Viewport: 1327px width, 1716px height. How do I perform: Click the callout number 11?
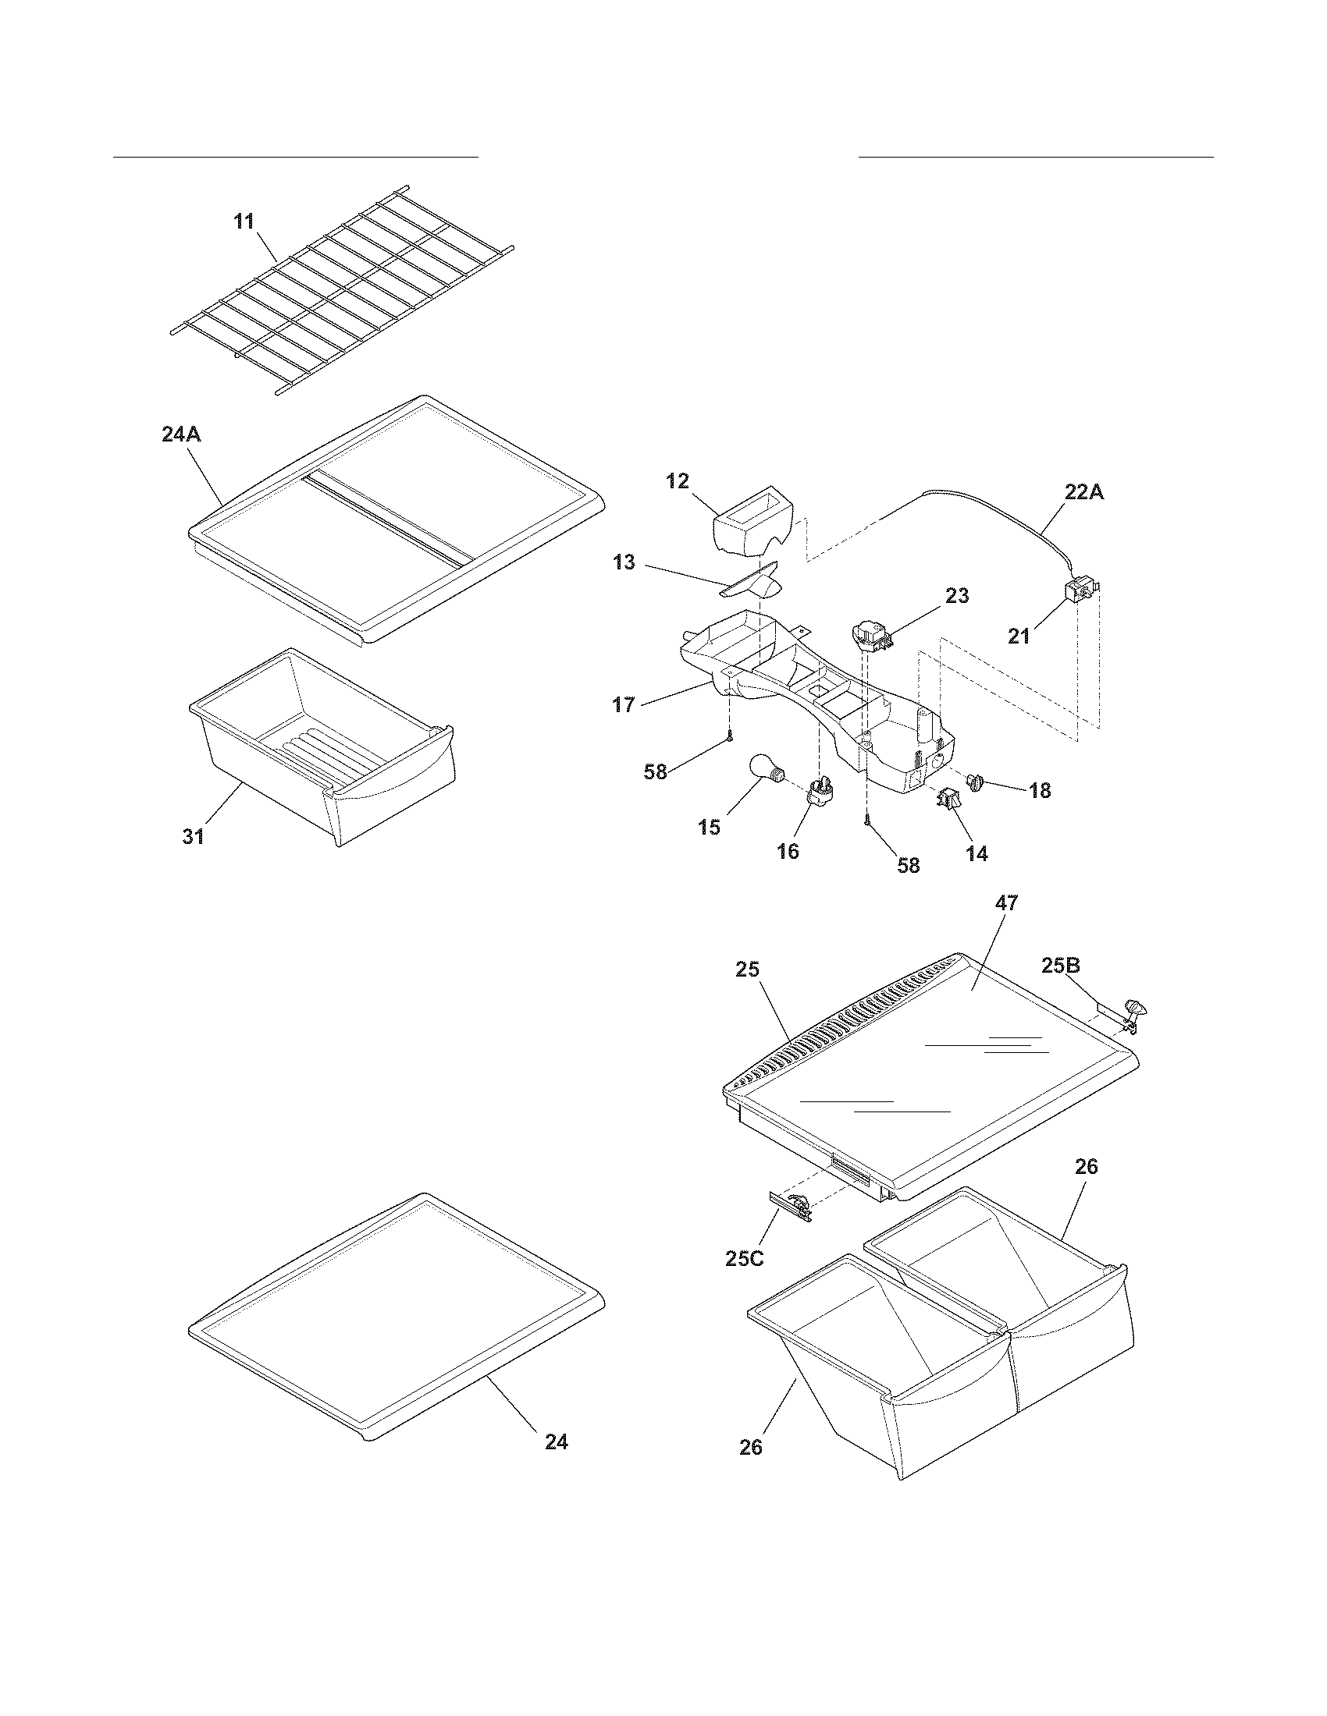(x=244, y=222)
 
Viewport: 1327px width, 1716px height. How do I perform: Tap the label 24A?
(x=181, y=434)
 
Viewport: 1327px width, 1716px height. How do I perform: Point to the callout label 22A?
(x=1084, y=493)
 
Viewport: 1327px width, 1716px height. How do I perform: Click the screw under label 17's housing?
(x=731, y=736)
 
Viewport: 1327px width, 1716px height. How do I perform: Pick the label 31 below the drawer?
(x=194, y=838)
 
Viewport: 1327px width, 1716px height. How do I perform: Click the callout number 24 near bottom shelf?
(x=556, y=1441)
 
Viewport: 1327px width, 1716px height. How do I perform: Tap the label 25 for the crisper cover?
(x=747, y=970)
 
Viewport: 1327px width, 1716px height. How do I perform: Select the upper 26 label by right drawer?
(x=1086, y=1167)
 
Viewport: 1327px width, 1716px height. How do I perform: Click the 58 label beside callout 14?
(x=908, y=866)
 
